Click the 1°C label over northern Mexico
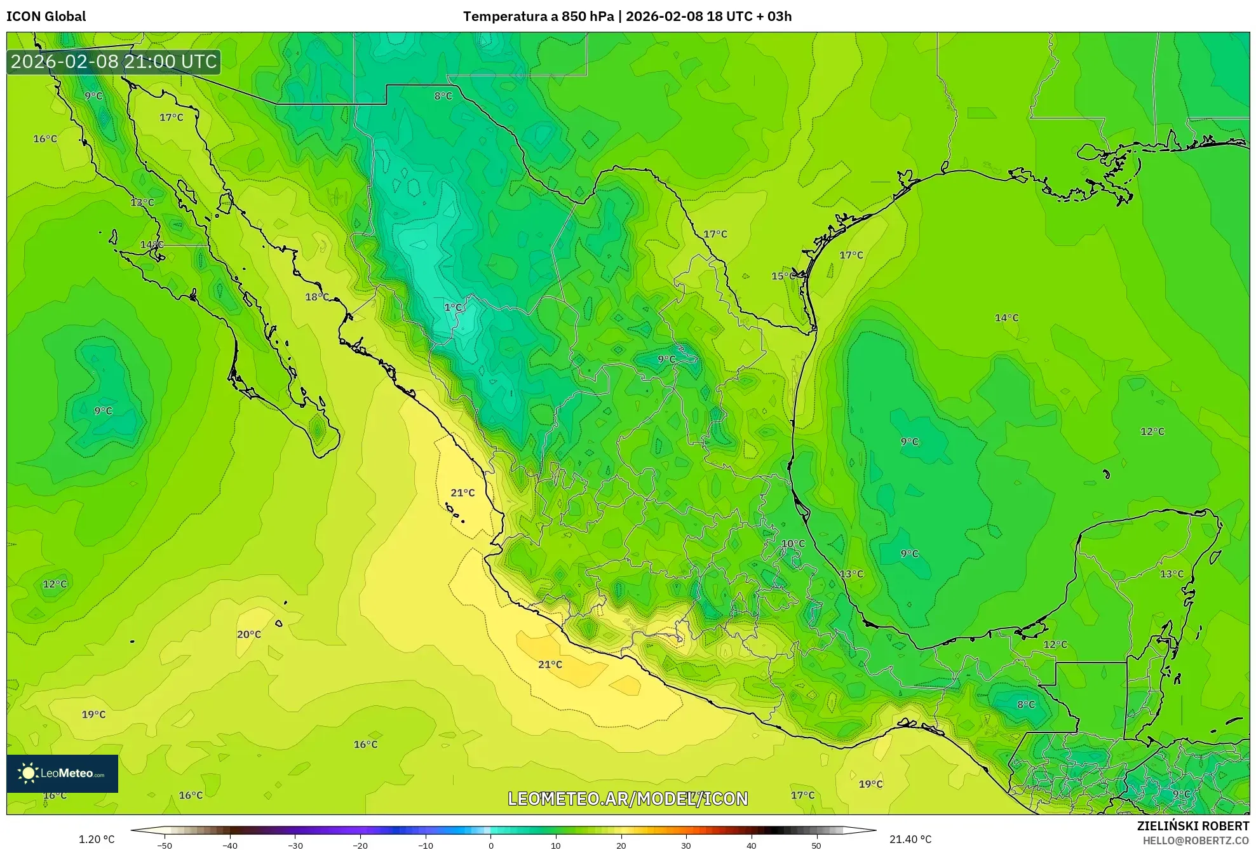click(452, 307)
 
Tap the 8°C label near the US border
click(443, 96)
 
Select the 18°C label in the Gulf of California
click(316, 297)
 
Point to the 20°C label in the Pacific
click(248, 634)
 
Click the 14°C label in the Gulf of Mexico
click(1006, 318)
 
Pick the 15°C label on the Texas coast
click(783, 276)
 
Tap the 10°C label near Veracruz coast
click(793, 543)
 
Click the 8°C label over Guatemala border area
click(1026, 704)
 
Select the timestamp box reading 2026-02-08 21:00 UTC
click(114, 62)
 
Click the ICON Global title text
click(46, 16)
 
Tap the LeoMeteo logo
click(62, 773)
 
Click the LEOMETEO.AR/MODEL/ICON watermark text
click(628, 799)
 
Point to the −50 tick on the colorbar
click(165, 845)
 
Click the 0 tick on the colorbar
click(490, 845)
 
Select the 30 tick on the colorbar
click(686, 845)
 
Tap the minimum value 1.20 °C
click(97, 839)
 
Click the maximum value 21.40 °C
click(910, 839)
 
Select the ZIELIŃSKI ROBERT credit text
click(1193, 826)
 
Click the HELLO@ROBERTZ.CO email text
click(1196, 840)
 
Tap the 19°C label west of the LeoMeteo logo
click(93, 714)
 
